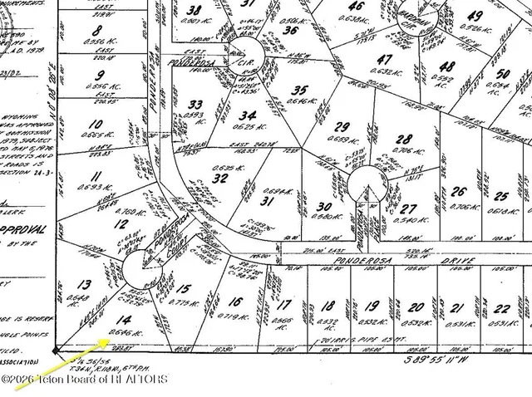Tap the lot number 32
coord(220,179)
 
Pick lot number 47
coord(383,60)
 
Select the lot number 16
coord(236,302)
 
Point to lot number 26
coord(459,192)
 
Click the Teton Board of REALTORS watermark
coord(84,380)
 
